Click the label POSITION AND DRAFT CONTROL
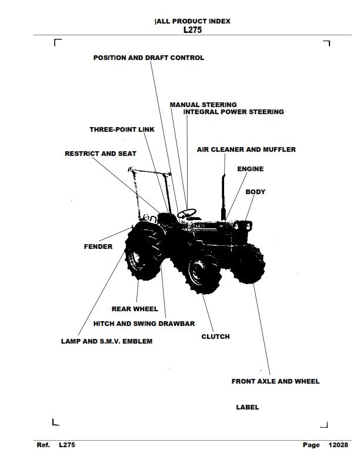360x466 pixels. pos(149,58)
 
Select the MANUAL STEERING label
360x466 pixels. pos(203,105)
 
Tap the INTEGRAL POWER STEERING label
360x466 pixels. pos(234,112)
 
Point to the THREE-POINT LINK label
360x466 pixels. pos(122,129)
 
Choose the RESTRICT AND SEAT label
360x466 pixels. pos(100,154)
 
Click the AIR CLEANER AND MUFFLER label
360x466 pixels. pos(246,150)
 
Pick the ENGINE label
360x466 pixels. pos(250,169)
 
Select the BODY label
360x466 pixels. pos(255,192)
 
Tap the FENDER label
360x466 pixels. pos(98,247)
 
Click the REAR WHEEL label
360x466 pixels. pos(135,309)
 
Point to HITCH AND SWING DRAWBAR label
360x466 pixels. pos(144,324)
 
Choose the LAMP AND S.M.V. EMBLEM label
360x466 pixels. pos(106,341)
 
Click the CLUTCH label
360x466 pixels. pos(215,337)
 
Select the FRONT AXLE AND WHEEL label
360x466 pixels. pos(275,381)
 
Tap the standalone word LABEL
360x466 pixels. pos(247,407)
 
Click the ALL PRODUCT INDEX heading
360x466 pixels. pos(192,21)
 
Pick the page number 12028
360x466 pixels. pos(338,445)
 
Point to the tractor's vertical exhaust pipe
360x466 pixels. pos(224,194)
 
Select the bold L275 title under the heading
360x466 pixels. pos(192,30)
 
